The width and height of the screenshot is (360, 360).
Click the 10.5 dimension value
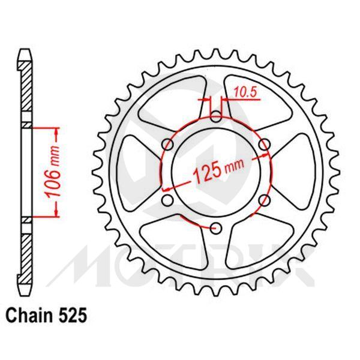tap(243, 93)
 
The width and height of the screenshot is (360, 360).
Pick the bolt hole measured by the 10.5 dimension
tap(217, 116)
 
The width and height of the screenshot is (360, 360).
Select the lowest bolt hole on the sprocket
tap(217, 227)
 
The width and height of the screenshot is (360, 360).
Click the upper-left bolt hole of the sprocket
tap(169, 144)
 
